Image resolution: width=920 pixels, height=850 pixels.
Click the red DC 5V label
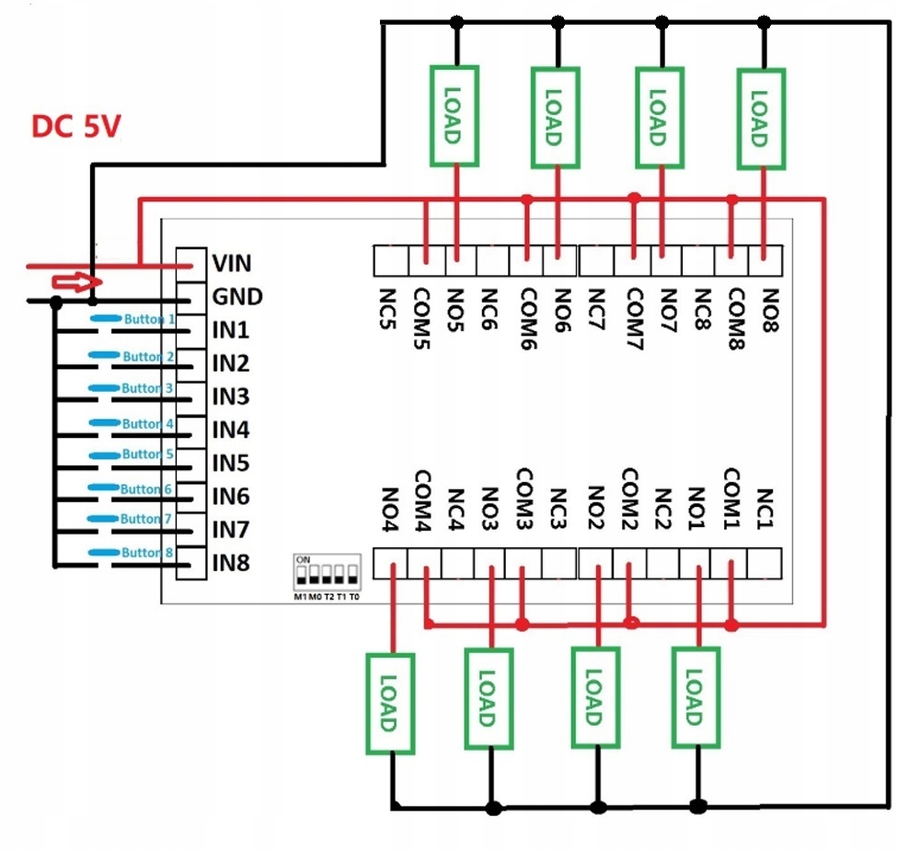[x=76, y=126]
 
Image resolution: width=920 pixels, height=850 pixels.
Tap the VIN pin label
[x=231, y=263]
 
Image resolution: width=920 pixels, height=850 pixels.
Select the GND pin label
[x=237, y=296]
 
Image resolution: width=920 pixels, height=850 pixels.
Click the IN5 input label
[x=232, y=463]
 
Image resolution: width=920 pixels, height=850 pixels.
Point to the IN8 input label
[x=232, y=563]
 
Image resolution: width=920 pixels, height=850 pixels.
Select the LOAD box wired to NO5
[x=454, y=115]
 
